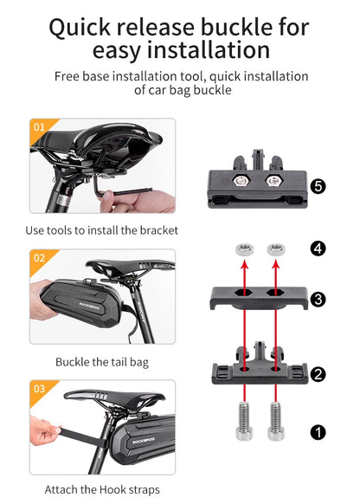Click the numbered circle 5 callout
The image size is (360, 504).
coord(318,186)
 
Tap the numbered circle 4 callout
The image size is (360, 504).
coord(318,249)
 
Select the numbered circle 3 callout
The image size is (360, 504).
coord(318,300)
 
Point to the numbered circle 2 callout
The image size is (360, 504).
coord(318,374)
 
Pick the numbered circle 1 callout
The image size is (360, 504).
coord(318,430)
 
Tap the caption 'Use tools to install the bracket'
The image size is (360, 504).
coord(102,230)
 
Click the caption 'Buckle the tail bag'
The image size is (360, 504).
coord(102,361)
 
